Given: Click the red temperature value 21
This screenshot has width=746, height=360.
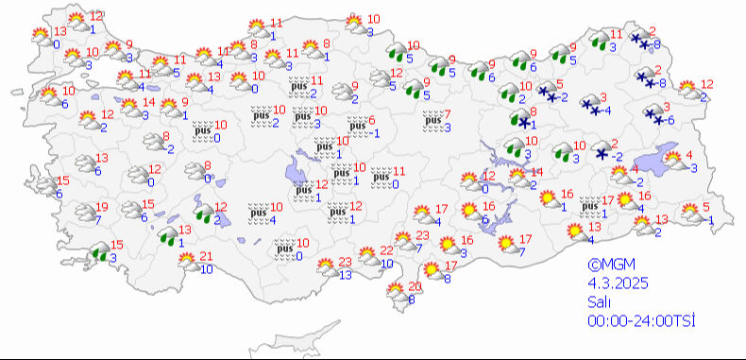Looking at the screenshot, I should [x=207, y=257].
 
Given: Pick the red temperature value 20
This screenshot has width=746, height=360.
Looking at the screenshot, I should [x=413, y=287].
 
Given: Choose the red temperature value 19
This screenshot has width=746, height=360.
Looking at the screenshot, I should [x=103, y=208].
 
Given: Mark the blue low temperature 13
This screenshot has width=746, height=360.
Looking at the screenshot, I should [x=346, y=274].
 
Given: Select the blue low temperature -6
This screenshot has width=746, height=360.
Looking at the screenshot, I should [x=669, y=121].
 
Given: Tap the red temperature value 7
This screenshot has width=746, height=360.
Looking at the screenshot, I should [x=448, y=114].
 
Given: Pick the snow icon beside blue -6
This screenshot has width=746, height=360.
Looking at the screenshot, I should [x=653, y=114].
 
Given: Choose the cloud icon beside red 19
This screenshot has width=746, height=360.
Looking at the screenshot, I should [x=84, y=213].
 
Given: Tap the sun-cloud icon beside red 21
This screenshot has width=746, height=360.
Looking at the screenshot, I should [x=190, y=263].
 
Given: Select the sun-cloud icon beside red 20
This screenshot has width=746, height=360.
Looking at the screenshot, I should [x=397, y=293].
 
